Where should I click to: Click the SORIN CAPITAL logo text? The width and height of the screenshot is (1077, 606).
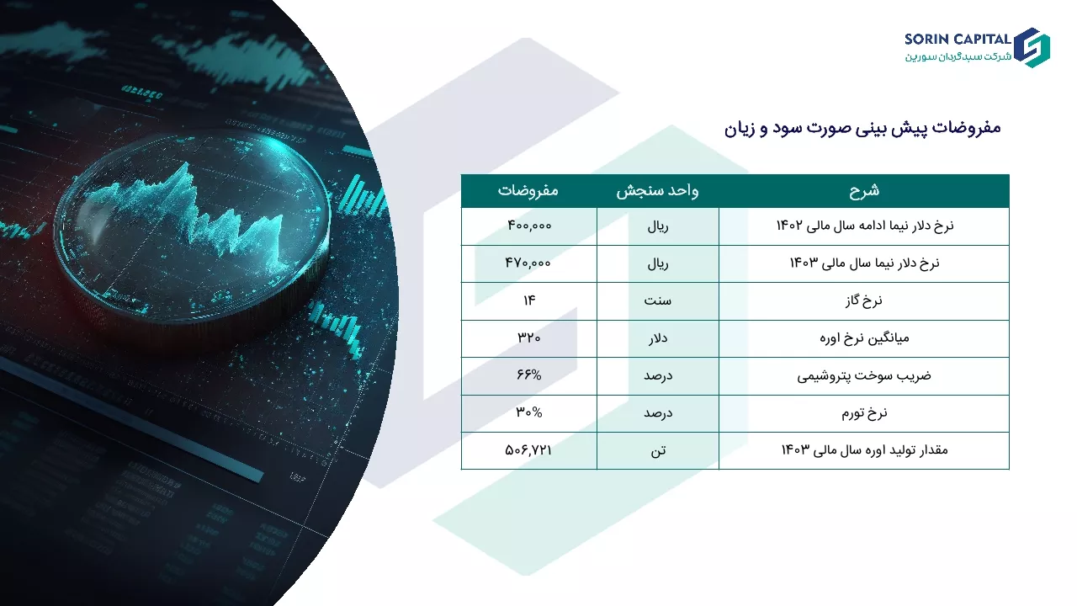coord(958,39)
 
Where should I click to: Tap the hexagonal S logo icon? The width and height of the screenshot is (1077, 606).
coord(1032,48)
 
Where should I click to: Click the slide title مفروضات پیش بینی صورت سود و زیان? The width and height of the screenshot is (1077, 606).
coord(862,128)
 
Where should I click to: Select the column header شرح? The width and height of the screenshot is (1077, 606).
coord(864,190)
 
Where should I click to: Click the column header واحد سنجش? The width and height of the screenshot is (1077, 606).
coord(657,191)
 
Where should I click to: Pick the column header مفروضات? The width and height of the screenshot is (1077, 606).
coord(528,190)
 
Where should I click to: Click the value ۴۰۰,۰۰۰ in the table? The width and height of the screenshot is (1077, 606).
coord(529,226)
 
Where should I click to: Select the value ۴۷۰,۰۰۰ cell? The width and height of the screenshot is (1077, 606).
coord(528,263)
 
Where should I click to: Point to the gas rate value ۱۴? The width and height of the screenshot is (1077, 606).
coord(529,300)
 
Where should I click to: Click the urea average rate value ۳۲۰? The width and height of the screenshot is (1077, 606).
coord(529,338)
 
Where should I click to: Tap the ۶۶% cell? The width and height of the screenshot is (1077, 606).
coord(529,375)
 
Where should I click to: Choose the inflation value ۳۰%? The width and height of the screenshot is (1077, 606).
coord(529,412)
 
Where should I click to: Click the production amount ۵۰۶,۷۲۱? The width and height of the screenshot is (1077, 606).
coord(528,450)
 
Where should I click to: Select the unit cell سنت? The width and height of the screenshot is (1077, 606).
coord(657,300)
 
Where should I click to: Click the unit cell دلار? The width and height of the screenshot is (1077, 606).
coord(657,338)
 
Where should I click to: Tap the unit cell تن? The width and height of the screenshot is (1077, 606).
coord(658,450)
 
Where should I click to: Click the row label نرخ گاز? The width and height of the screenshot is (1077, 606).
coord(864,301)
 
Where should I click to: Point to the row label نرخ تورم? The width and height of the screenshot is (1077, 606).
coord(864,413)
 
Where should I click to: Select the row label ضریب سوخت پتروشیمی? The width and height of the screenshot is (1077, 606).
coord(864,375)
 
